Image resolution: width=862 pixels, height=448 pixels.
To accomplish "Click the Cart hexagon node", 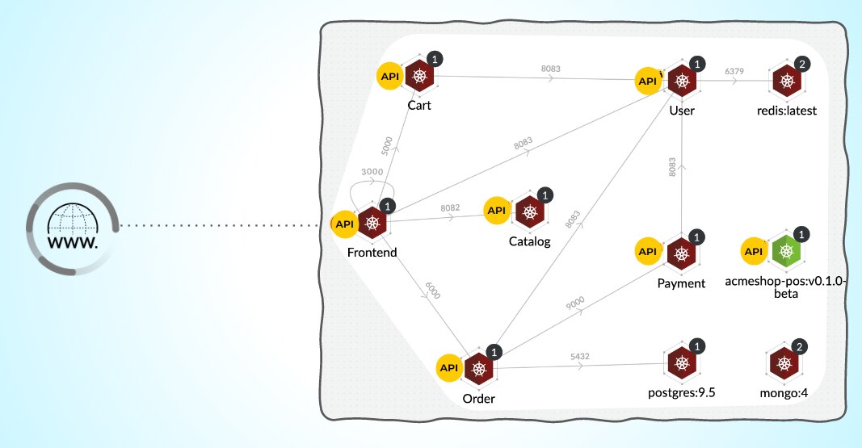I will tap(419, 77).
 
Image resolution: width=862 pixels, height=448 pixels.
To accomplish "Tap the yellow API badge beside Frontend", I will tap(345, 224).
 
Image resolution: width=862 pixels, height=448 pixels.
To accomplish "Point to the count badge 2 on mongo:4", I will tap(800, 346).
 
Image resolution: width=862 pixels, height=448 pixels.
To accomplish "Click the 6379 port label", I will tap(734, 71).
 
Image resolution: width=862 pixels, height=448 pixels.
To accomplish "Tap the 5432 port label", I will tap(580, 355).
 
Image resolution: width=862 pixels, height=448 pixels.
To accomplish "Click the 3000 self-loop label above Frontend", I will tap(372, 171).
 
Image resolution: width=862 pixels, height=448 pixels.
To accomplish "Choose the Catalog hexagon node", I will tap(530, 211).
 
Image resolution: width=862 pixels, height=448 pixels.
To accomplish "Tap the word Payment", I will tap(681, 283).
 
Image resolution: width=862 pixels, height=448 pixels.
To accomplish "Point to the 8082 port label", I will tap(450, 207).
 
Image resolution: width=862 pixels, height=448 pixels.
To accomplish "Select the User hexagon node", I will tap(683, 81).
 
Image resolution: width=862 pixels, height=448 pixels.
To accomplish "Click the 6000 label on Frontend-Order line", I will tap(432, 291).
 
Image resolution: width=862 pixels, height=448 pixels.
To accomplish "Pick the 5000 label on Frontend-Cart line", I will tap(386, 144).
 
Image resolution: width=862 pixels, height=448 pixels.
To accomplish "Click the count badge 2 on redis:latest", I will tap(801, 63).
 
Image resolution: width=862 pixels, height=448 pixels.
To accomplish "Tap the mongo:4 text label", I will tap(784, 393).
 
